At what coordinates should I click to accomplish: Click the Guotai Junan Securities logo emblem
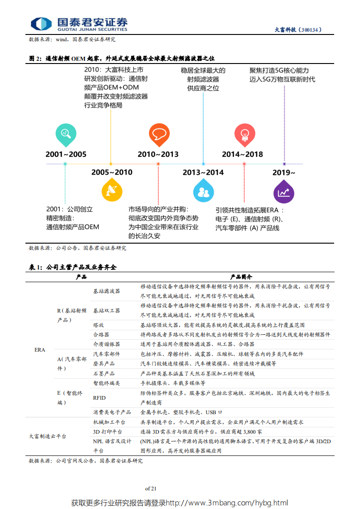click(41, 24)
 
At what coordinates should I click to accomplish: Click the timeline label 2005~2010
click(112, 172)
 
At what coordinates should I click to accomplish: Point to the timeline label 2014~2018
click(242, 154)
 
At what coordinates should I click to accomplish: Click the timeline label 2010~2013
click(158, 154)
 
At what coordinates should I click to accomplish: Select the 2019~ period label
click(284, 172)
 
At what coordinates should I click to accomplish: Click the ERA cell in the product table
click(40, 350)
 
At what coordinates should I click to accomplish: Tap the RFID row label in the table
click(99, 397)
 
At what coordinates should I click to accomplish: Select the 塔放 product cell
click(99, 325)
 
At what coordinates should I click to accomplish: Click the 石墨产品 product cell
click(104, 374)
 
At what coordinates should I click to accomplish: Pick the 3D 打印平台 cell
click(107, 432)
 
